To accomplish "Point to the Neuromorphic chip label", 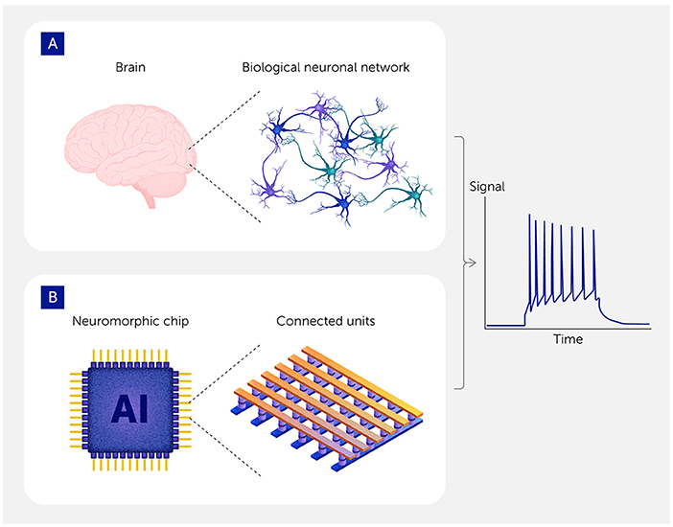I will coord(128,320).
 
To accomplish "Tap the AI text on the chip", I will coord(128,409).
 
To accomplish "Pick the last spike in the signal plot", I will coord(596,259).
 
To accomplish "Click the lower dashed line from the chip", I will coord(225,450).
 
